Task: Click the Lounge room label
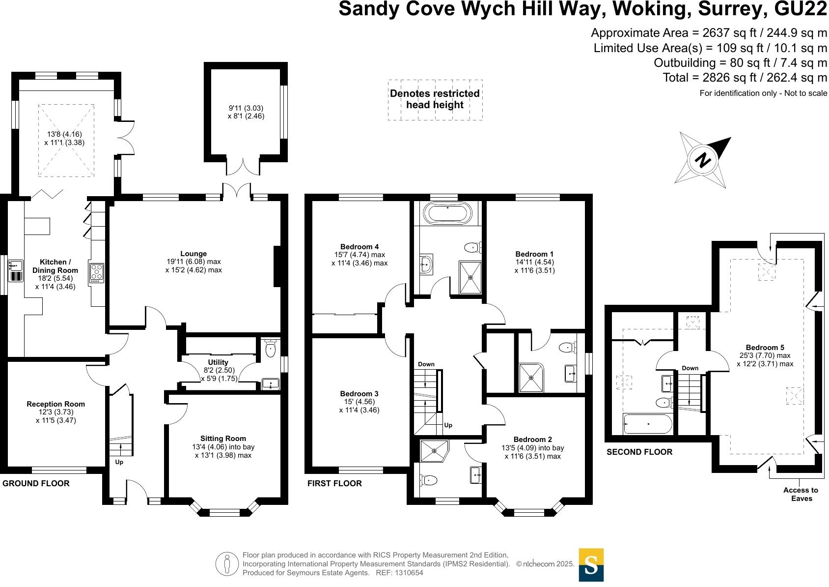click(193, 254)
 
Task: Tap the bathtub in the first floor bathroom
click(447, 213)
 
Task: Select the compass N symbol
click(703, 160)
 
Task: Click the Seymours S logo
click(591, 565)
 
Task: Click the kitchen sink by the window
click(16, 266)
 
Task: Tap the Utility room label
click(218, 362)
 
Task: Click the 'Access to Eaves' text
click(801, 494)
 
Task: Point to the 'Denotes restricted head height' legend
click(435, 99)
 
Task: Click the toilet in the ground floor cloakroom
click(270, 350)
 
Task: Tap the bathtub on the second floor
click(647, 424)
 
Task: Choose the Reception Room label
click(55, 404)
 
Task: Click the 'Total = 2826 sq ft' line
click(745, 78)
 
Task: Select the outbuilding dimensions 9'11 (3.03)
click(246, 108)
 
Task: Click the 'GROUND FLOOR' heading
click(36, 483)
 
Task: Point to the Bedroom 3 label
click(359, 394)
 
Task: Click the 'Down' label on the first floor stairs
click(426, 364)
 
